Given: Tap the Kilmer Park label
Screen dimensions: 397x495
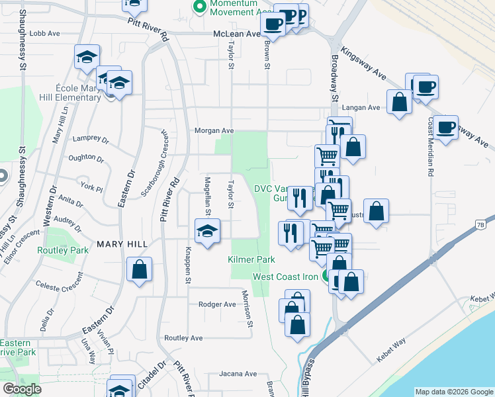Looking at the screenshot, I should coord(251,259).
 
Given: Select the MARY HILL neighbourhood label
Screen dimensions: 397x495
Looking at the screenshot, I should coord(122,244).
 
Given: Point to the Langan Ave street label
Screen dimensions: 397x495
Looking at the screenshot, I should coord(365,107).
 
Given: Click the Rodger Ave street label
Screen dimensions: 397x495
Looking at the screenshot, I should coord(217,304).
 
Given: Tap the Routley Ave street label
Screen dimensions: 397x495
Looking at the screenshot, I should coord(183,337).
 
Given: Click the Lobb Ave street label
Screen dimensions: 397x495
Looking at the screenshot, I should coord(45,33).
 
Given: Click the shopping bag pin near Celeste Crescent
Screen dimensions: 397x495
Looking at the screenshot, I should coord(139,270).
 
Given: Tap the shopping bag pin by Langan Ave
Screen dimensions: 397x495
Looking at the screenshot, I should coord(399,103).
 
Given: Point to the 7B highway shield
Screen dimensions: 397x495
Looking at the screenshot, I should coord(480,226).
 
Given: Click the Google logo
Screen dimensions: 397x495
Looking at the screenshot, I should coord(22,389).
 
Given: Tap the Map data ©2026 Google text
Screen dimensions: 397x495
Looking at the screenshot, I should coord(453,392).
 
